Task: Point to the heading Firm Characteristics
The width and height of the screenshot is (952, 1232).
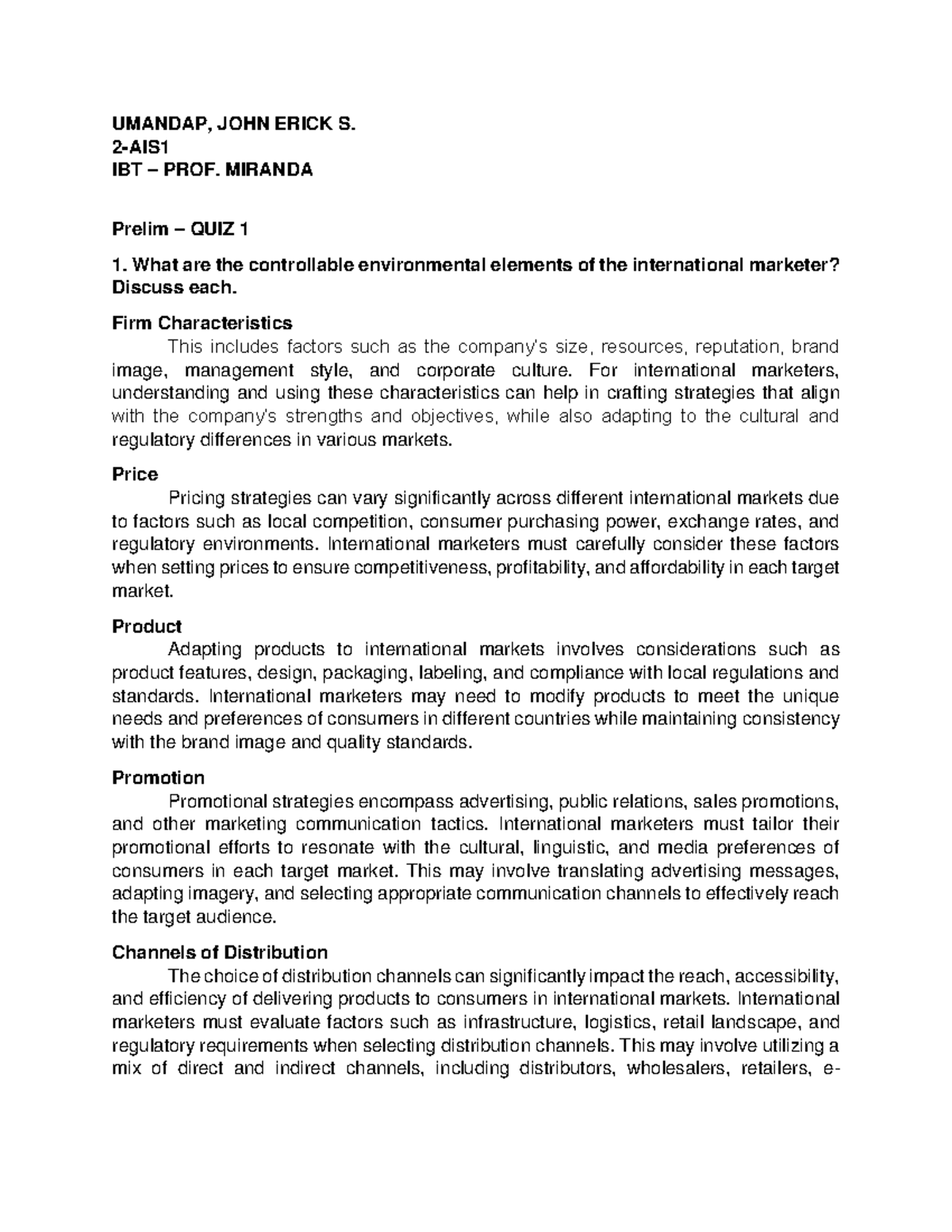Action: (202, 323)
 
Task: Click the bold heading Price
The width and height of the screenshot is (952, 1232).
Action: (135, 474)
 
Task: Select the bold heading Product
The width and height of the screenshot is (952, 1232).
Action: (147, 626)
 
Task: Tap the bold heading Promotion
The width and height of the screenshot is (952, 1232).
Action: (158, 777)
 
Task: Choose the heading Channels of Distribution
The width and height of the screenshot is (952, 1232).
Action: (220, 952)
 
